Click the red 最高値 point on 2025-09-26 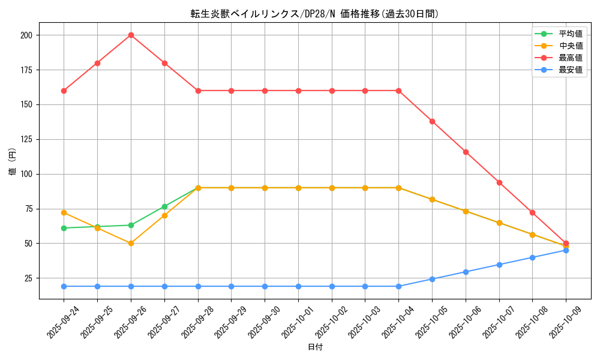(x=131, y=35)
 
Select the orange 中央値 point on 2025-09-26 (x=131, y=243)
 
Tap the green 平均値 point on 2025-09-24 (x=64, y=228)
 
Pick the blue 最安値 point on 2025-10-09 (x=566, y=250)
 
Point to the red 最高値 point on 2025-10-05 (x=432, y=121)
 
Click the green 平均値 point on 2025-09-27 (x=164, y=206)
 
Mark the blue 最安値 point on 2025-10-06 (x=466, y=272)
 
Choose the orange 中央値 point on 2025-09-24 (x=64, y=212)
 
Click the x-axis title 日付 (x=315, y=347)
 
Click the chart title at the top (x=315, y=14)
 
